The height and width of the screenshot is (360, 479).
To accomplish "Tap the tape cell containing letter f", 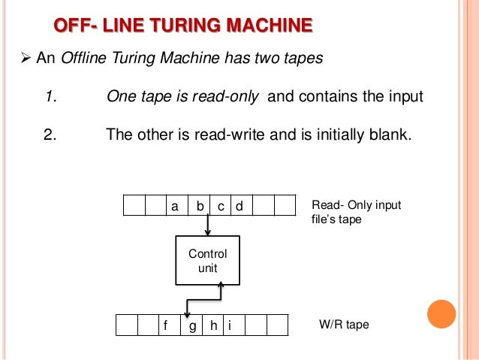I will coord(165,326).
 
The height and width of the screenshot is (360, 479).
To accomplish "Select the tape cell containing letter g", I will coord(193,326).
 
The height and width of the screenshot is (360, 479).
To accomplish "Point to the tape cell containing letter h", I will coord(214,326).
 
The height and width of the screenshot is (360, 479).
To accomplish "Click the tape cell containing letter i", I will coord(230,326).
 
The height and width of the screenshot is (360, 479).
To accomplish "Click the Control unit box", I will coord(207,260).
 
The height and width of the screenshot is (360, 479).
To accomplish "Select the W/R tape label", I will coord(345,326).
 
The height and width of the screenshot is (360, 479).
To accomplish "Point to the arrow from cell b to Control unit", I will coord(208,224).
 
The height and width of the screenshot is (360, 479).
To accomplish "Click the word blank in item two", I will coord(390,136).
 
